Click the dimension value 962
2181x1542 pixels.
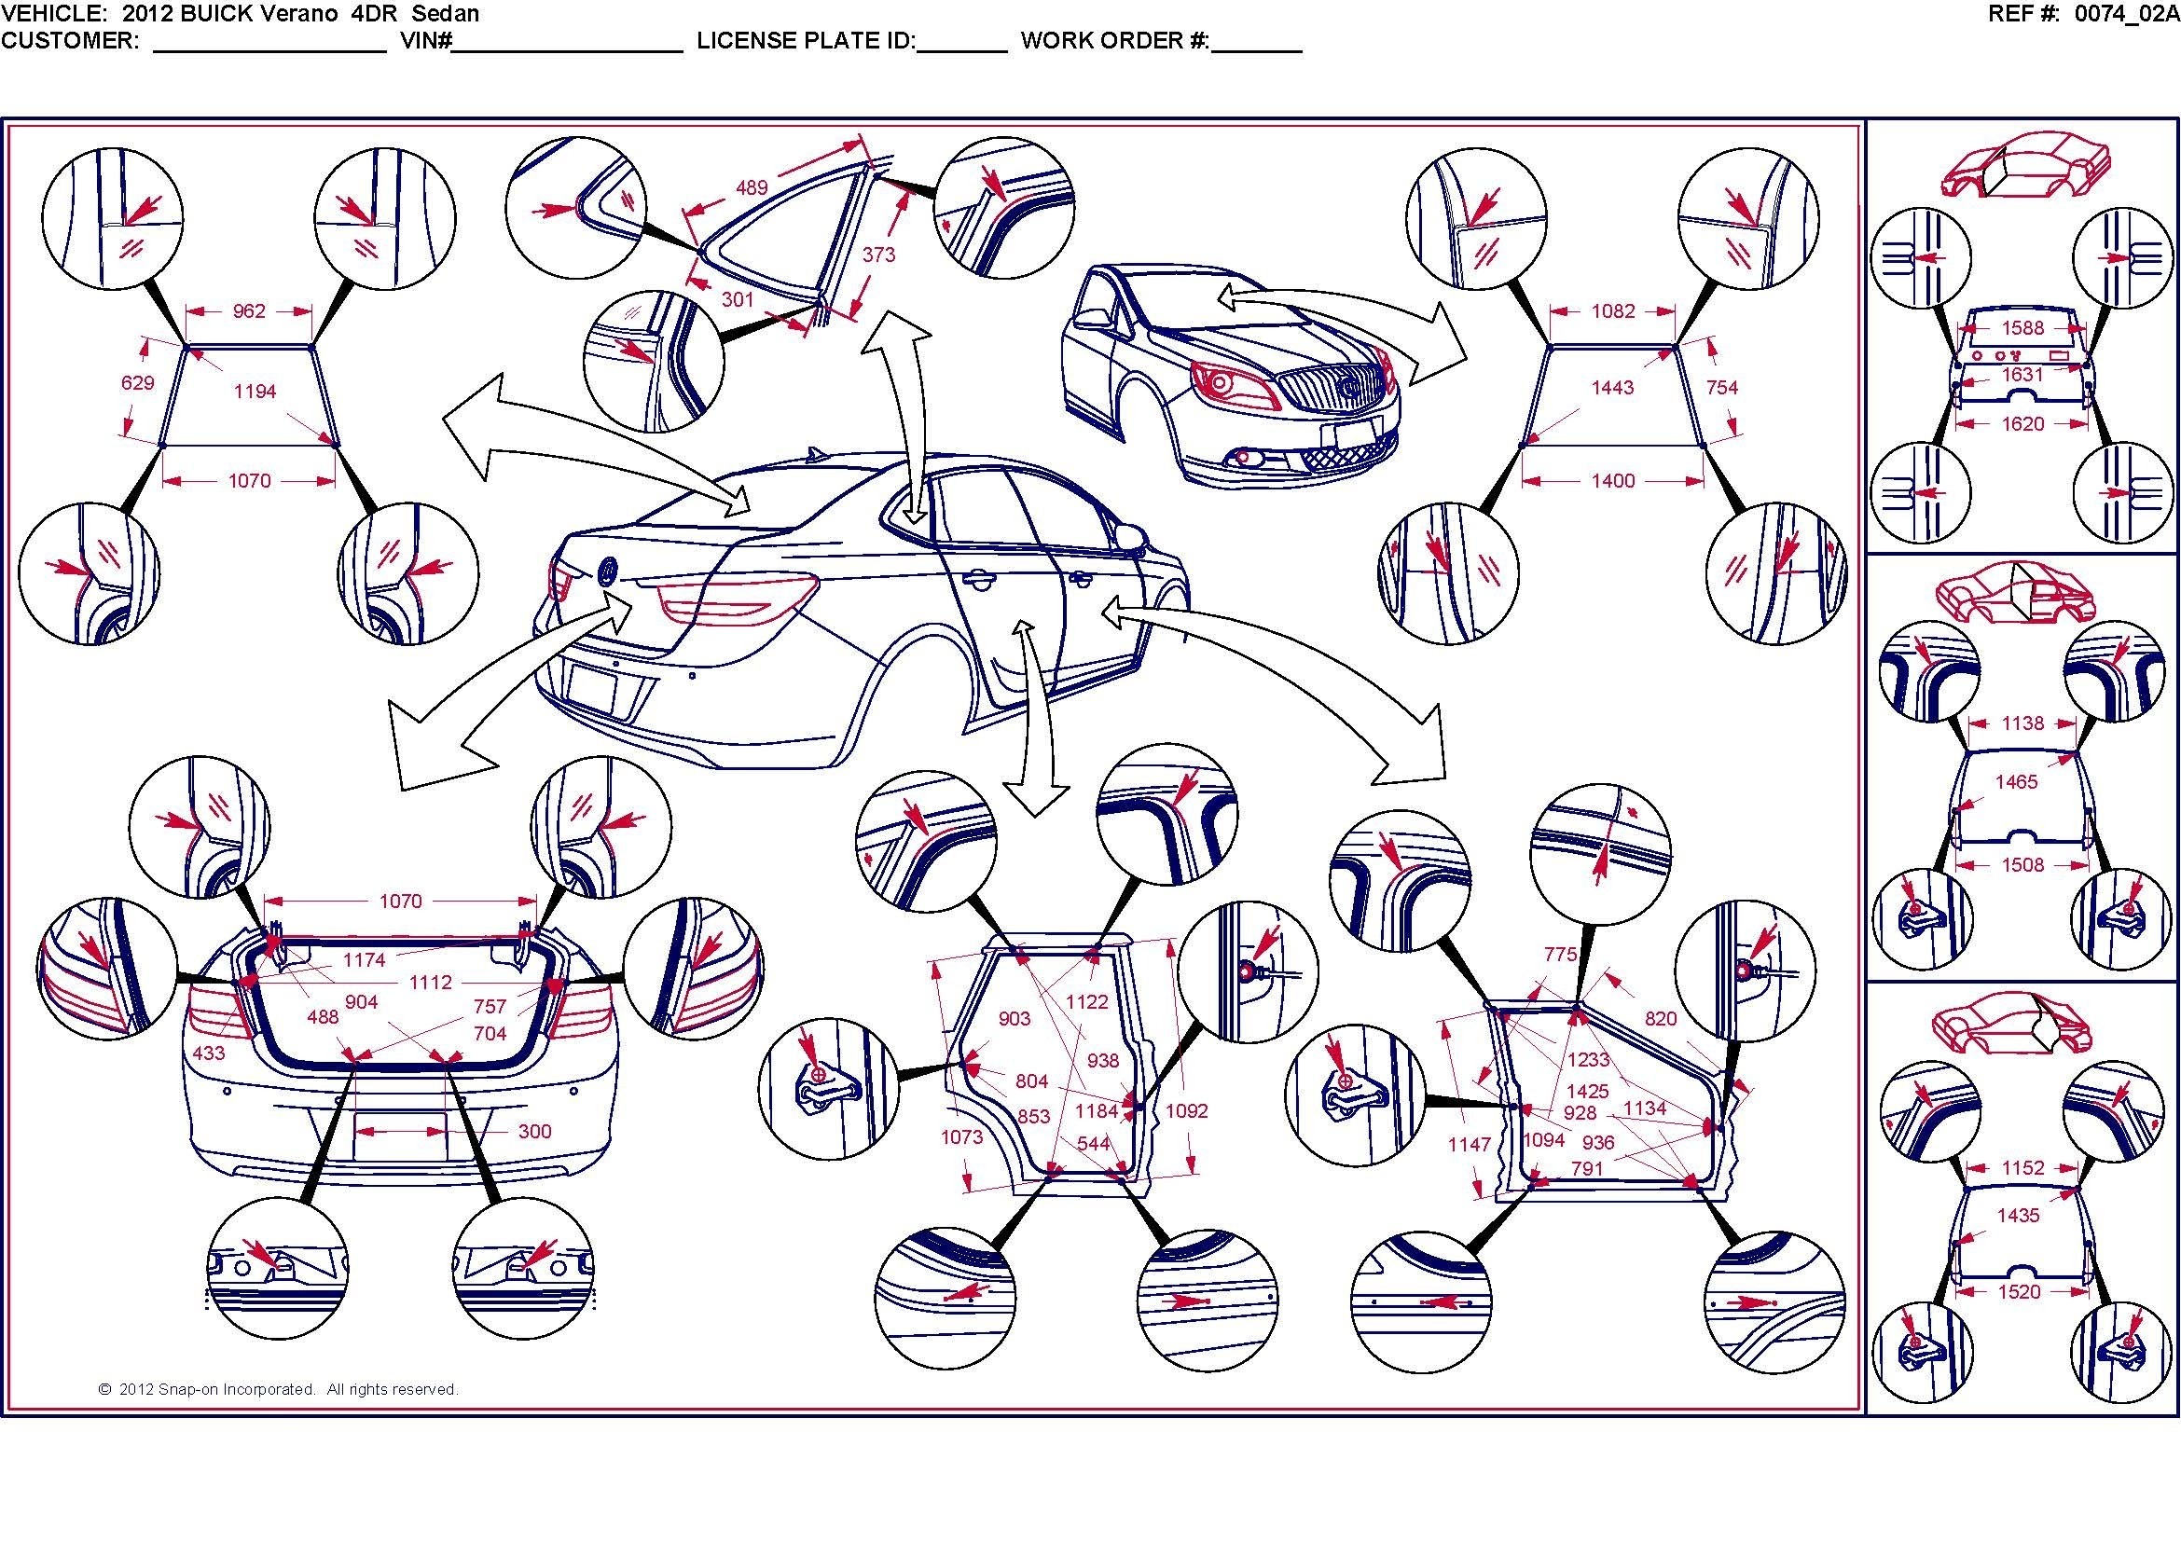(x=249, y=310)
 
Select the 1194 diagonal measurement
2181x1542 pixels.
(x=255, y=392)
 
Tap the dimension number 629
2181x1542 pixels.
(x=138, y=382)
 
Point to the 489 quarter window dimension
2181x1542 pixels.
(x=752, y=187)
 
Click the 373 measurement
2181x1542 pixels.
(x=878, y=255)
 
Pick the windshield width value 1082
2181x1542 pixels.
(x=1613, y=310)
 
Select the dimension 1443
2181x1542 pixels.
(x=1613, y=388)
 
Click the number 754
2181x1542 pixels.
(x=1722, y=388)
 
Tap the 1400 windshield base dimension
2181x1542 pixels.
(x=1613, y=480)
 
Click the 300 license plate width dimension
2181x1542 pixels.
(x=535, y=1131)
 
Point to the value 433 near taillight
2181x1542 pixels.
(x=209, y=1053)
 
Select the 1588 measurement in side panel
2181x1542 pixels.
(x=2022, y=327)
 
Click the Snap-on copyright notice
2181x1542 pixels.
(x=278, y=1389)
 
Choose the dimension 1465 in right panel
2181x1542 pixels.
(x=2016, y=781)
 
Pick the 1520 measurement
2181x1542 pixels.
(x=2019, y=1292)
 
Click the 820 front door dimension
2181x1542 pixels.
(x=1661, y=1019)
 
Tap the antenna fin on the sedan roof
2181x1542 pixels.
(x=814, y=454)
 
